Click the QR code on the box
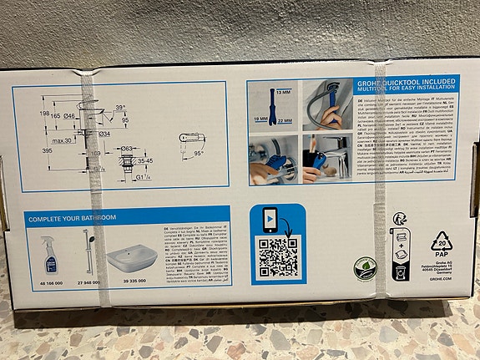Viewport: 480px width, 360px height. (277, 256)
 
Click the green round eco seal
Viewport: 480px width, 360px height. (364, 268)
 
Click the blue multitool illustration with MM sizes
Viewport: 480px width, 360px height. (267, 109)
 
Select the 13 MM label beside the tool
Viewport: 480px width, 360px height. (284, 92)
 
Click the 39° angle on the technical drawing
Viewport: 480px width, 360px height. (121, 108)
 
